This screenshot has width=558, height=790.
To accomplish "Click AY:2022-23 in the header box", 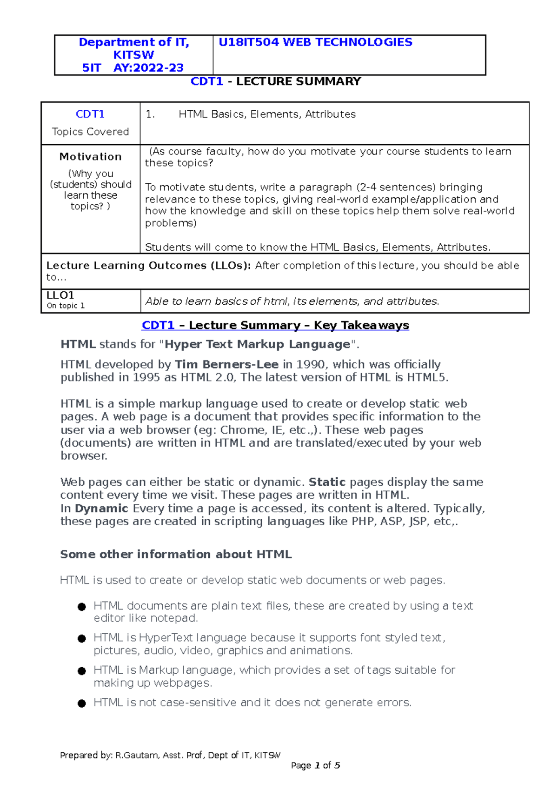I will click(148, 68).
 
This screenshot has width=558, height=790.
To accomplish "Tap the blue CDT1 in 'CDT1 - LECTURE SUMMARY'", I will click(207, 81).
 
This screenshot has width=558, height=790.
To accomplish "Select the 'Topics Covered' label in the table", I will click(90, 132).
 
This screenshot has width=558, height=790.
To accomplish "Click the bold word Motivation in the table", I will click(90, 157).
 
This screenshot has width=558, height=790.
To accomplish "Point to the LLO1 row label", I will click(60, 295).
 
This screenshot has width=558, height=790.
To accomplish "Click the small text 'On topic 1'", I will click(66, 306).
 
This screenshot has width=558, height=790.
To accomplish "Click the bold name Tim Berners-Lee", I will click(226, 365).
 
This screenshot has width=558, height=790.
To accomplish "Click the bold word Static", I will click(327, 482).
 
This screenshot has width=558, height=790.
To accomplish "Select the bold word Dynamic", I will click(101, 509).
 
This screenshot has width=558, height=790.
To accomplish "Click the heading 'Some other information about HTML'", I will click(176, 555).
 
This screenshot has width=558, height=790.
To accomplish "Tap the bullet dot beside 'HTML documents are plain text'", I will click(82, 607).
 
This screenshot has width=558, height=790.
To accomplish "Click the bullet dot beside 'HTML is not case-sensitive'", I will click(82, 703).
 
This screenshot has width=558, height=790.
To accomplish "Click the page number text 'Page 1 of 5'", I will click(315, 765).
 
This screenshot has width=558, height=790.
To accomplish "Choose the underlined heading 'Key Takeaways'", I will click(361, 325).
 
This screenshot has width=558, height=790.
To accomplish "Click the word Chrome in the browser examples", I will click(242, 430).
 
